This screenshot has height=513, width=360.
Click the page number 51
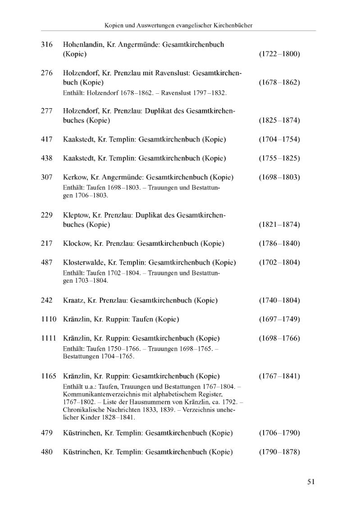point(311,481)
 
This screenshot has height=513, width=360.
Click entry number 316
point(47,45)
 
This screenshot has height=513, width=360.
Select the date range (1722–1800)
point(279,54)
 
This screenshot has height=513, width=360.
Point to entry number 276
point(47,73)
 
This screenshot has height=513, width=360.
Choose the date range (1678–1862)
point(279,82)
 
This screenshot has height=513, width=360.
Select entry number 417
point(47,139)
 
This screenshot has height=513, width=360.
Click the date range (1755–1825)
point(279,158)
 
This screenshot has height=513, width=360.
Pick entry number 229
point(47,215)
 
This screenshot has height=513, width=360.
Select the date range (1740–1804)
point(279,300)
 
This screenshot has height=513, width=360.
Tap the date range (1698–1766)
point(279,338)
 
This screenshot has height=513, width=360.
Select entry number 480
point(47,452)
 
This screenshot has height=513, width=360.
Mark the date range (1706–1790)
point(279,433)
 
